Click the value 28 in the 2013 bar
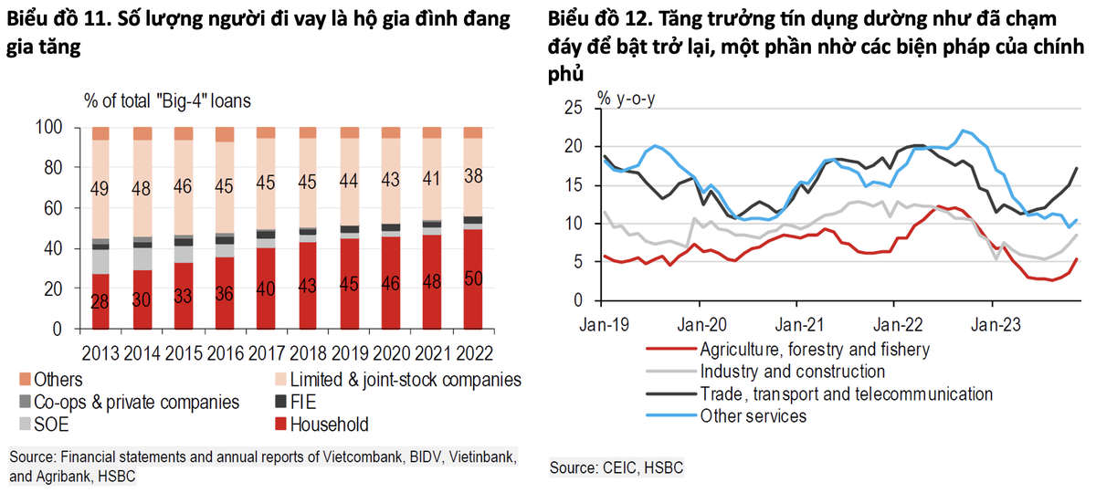click(x=101, y=300)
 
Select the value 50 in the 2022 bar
click(x=475, y=278)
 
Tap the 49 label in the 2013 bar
click(x=101, y=190)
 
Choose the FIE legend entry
click(x=305, y=402)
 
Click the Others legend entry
click(x=57, y=379)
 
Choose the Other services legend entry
click(x=753, y=416)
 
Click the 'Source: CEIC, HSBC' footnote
click(x=616, y=468)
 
